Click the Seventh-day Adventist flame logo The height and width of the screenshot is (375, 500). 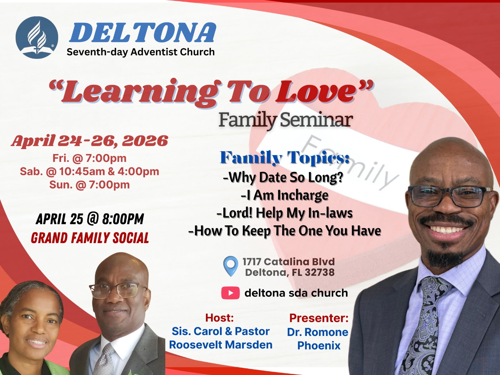pyautogui.click(x=37, y=37)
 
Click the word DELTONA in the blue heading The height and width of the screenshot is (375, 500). pyautogui.click(x=143, y=33)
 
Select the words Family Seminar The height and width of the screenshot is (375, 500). pyautogui.click(x=286, y=120)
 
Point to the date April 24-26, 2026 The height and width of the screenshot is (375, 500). pyautogui.click(x=90, y=141)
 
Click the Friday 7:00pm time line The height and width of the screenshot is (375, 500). pyautogui.click(x=89, y=158)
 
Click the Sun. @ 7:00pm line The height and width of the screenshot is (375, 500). pyautogui.click(x=89, y=185)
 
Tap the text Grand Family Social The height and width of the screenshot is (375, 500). pyautogui.click(x=90, y=238)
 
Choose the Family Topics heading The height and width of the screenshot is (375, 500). pyautogui.click(x=285, y=158)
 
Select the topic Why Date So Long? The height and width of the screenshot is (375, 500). pyautogui.click(x=283, y=178)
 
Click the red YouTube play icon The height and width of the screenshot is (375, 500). pyautogui.click(x=230, y=293)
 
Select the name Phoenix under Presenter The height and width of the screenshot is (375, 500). pyautogui.click(x=319, y=346)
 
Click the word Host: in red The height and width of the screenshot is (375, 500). pyautogui.click(x=220, y=318)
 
